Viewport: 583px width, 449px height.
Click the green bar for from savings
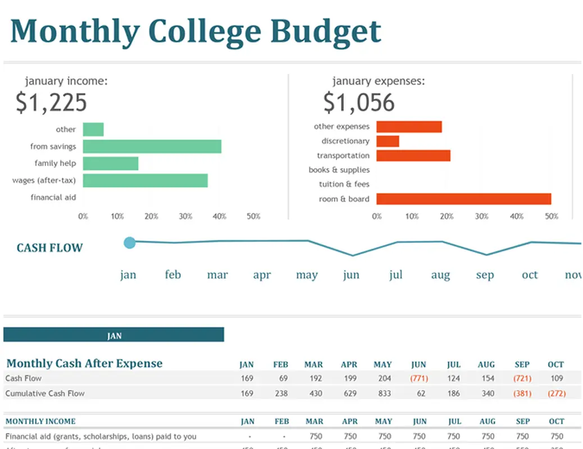coord(152,146)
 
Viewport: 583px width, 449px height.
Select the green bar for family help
coord(111,163)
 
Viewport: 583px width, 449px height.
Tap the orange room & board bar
coord(463,199)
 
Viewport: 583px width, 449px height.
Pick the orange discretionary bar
coord(388,141)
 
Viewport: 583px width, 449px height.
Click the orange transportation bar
coord(413,155)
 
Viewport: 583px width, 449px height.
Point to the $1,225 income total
coord(51,103)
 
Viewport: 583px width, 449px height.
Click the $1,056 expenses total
coord(359,103)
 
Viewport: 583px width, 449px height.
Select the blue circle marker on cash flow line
coord(130,242)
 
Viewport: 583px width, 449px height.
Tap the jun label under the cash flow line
coord(351,275)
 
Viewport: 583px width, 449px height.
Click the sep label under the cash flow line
coord(485,275)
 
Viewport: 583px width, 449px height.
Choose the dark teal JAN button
coord(113,335)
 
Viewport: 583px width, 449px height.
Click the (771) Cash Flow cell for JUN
coord(418,378)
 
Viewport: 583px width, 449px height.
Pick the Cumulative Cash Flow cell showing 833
coord(384,393)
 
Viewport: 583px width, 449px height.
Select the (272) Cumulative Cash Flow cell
coord(556,393)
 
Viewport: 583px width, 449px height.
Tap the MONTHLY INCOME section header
coord(40,421)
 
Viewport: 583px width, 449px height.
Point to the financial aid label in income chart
coord(53,198)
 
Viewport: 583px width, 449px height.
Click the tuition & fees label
coord(339,184)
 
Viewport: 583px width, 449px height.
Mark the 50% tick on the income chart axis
coord(253,216)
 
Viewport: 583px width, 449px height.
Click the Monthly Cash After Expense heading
coord(84,363)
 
